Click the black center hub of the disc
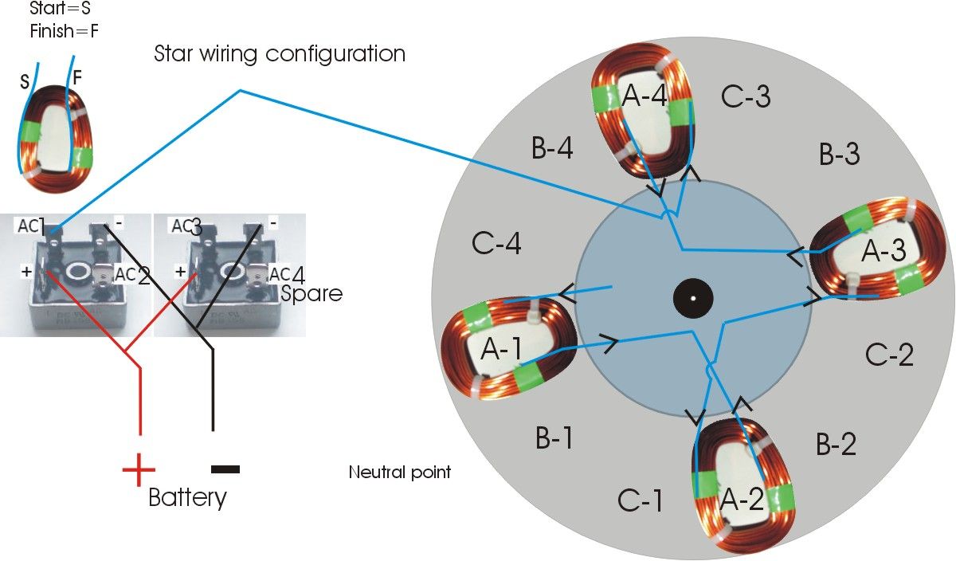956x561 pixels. [693, 299]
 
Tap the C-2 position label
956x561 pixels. [889, 354]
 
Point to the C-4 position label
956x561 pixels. [496, 244]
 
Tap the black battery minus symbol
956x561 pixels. [225, 469]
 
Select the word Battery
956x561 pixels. [188, 498]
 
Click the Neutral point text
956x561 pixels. [400, 473]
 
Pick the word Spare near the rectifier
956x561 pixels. [311, 293]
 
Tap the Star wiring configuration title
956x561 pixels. [280, 54]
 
